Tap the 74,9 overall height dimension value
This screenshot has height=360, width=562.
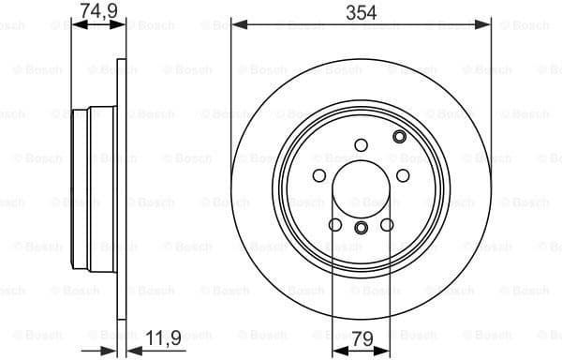pos(91,11)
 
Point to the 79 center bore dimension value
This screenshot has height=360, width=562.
pos(361,339)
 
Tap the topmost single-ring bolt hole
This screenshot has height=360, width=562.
pos(361,144)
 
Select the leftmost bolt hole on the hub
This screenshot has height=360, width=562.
pos(318,176)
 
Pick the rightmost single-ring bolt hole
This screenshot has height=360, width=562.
pos(403,176)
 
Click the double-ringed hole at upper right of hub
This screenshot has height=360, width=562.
pos(400,138)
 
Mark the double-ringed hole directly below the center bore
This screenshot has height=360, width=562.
pos(361,228)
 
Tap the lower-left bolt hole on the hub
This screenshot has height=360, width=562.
pos(335,224)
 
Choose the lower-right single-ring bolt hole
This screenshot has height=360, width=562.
pos(386,224)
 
